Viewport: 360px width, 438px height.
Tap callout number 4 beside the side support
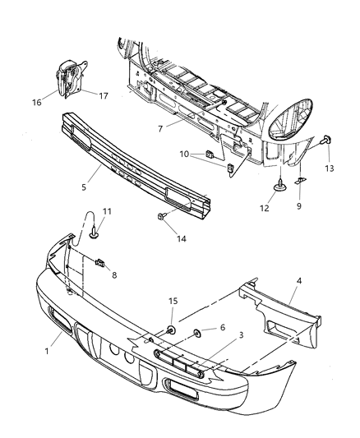tap(299, 281)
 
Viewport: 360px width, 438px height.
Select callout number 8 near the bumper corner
tap(113, 275)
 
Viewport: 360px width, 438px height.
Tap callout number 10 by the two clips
tap(185, 154)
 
